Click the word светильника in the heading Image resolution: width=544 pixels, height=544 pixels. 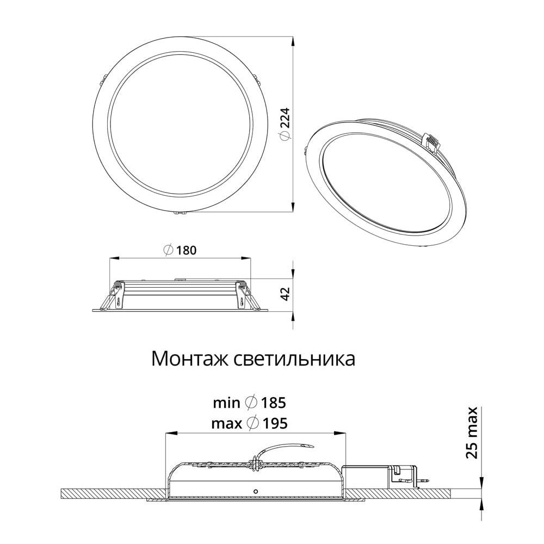[x=295, y=359]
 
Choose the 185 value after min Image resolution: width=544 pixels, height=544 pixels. [x=274, y=403]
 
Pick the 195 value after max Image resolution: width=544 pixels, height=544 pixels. [x=274, y=422]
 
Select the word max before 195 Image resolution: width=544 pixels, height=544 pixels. [x=227, y=422]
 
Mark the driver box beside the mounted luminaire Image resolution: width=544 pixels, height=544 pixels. [x=381, y=477]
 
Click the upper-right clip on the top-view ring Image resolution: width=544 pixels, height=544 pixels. [x=258, y=81]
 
